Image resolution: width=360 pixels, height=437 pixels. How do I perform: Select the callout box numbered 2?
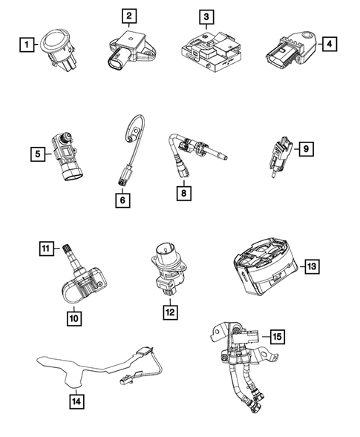(x=129, y=16)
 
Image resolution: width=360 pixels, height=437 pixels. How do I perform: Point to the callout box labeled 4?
(x=327, y=45)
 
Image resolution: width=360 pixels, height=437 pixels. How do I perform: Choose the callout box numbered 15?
(x=276, y=336)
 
